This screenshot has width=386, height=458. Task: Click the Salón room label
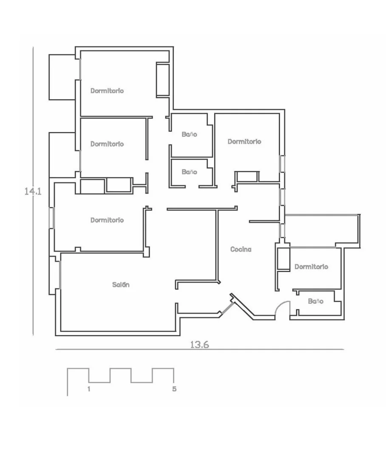(121, 284)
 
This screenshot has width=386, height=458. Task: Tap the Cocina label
(241, 249)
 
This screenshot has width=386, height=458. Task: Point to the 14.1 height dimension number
(33, 191)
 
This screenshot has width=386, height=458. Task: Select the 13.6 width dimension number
(200, 345)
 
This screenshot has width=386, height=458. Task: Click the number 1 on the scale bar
(88, 389)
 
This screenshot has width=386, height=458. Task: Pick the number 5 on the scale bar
(174, 389)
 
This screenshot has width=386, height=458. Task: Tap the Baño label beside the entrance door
(315, 301)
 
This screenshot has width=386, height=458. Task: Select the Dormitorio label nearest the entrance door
(311, 267)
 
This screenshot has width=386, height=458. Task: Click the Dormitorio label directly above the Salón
(107, 220)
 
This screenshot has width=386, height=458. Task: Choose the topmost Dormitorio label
(107, 90)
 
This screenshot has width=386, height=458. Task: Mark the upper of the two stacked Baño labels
(189, 135)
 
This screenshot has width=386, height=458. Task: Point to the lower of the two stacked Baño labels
(189, 172)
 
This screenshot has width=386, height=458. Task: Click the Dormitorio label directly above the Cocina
(244, 141)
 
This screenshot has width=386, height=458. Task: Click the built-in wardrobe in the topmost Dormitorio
(162, 79)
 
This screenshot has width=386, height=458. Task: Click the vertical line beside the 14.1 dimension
(33, 191)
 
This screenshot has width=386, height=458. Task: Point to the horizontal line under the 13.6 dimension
(200, 349)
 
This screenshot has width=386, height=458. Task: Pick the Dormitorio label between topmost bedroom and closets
(107, 144)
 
